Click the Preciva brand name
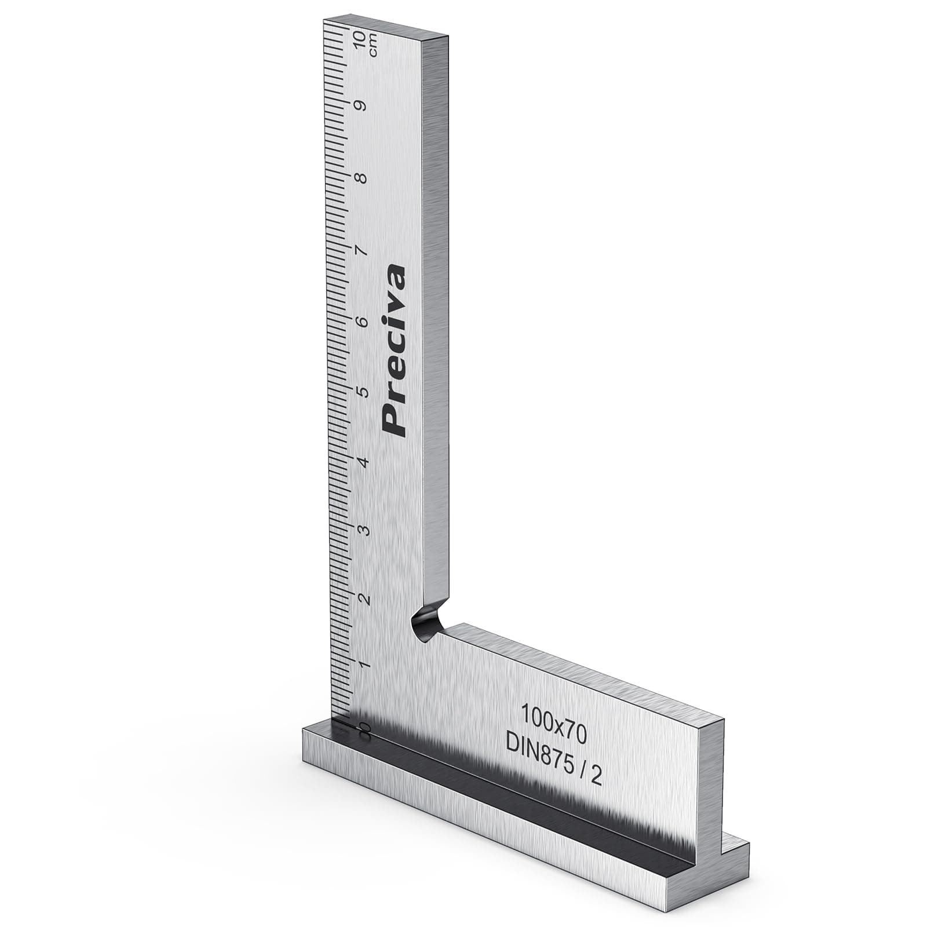point(395,350)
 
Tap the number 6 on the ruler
point(363,322)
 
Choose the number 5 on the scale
point(363,392)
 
